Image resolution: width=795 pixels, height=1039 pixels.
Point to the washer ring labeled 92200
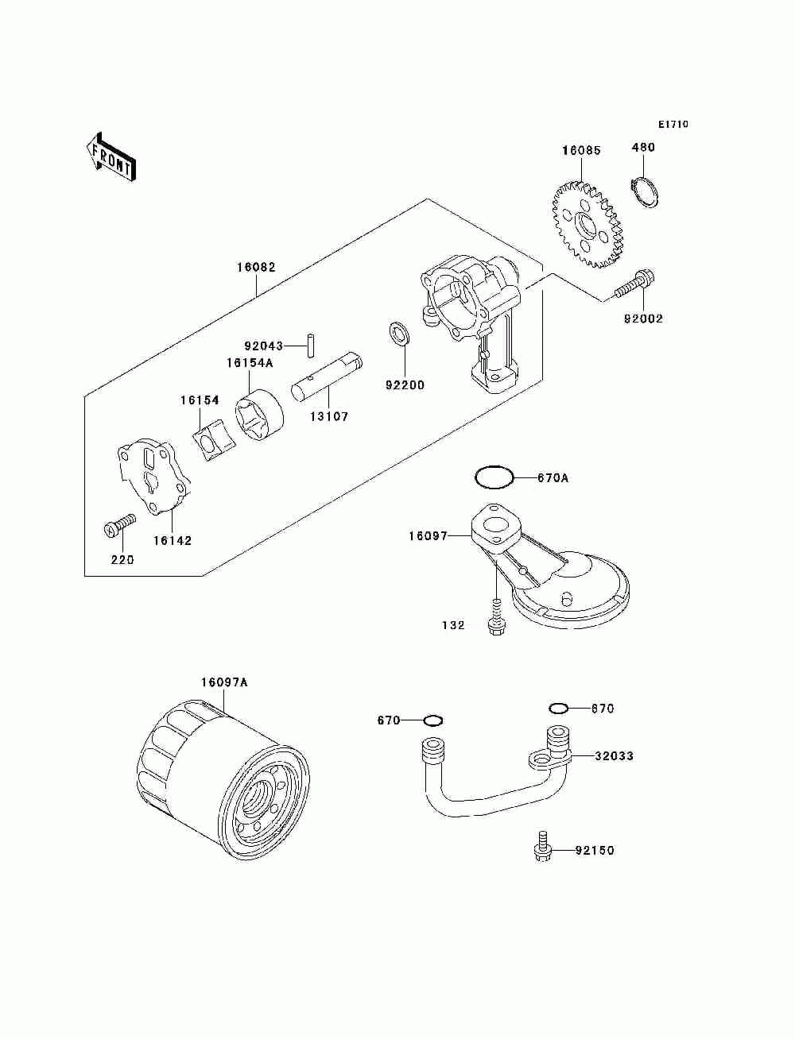(x=399, y=334)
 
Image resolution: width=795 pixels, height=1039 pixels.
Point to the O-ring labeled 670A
(x=494, y=477)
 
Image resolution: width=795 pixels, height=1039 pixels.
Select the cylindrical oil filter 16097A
(x=223, y=778)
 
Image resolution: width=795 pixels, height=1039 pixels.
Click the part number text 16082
(x=255, y=268)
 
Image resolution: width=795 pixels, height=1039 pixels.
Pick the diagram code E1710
(x=673, y=125)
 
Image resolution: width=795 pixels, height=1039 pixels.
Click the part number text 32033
(x=614, y=756)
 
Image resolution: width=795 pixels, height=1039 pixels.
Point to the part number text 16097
(x=428, y=536)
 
